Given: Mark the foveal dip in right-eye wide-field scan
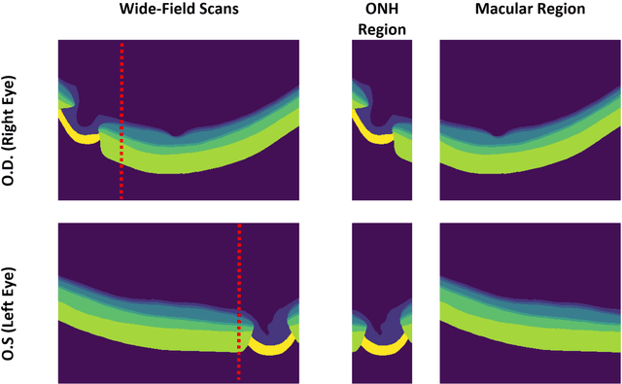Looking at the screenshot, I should [174, 134].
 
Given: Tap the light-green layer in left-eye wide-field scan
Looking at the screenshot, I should [146, 331].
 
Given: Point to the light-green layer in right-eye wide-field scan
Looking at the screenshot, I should [194, 160].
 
